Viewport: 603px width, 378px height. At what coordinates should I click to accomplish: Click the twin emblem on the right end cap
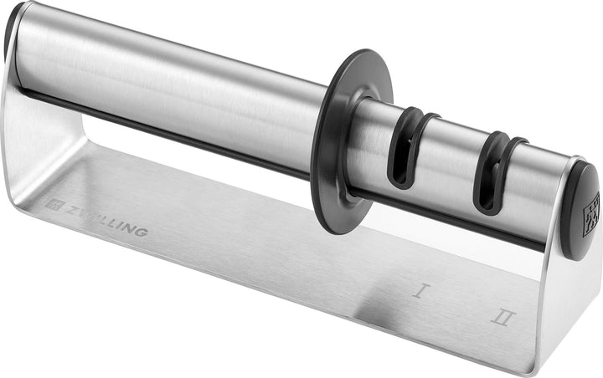pyautogui.click(x=592, y=209)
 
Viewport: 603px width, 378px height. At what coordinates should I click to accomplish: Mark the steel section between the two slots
pyautogui.click(x=452, y=159)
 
